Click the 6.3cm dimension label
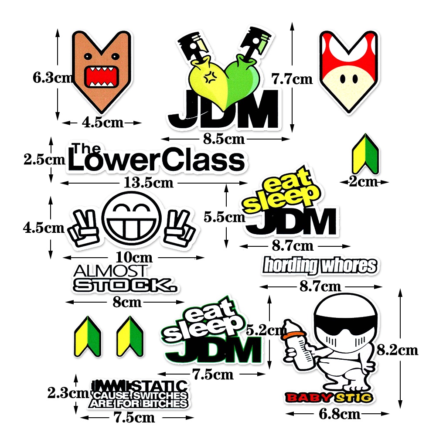(52, 78)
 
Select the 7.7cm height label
(292, 79)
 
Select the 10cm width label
(132, 257)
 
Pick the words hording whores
(320, 265)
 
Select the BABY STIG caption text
(329, 397)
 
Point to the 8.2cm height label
(397, 350)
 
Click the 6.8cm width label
(340, 414)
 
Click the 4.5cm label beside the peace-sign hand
(44, 228)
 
